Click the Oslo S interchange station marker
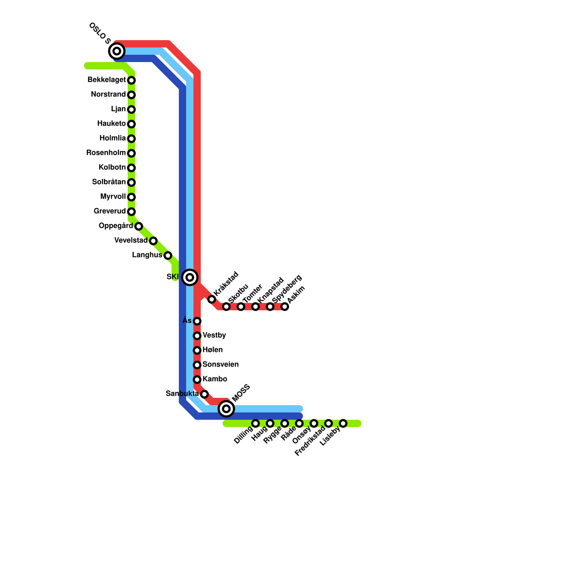pyautogui.click(x=117, y=51)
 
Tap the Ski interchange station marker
pyautogui.click(x=190, y=277)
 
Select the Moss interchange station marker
pyautogui.click(x=226, y=408)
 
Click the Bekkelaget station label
pyautogui.click(x=107, y=80)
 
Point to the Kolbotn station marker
pyautogui.click(x=131, y=168)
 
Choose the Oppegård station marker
pyautogui.click(x=139, y=226)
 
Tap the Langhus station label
pyautogui.click(x=147, y=255)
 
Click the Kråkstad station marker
pyautogui.click(x=212, y=299)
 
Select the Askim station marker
pyautogui.click(x=285, y=307)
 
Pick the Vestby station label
pyautogui.click(x=214, y=335)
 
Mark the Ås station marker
pyautogui.click(x=197, y=321)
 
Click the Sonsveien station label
pyautogui.click(x=220, y=365)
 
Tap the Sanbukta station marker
pyautogui.click(x=204, y=394)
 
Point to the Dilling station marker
pyautogui.click(x=255, y=423)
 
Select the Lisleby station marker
pyautogui.click(x=343, y=423)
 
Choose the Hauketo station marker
pyautogui.click(x=131, y=124)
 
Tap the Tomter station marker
pyautogui.click(x=241, y=307)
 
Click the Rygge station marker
pyautogui.click(x=285, y=423)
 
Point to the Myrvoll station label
pyautogui.click(x=113, y=197)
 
